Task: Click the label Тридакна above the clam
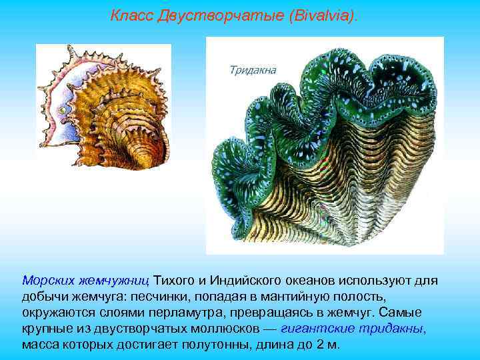pos(253,69)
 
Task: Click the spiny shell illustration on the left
pos(103,110)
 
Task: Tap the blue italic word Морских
pos(47,280)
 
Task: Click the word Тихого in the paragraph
pos(175,280)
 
